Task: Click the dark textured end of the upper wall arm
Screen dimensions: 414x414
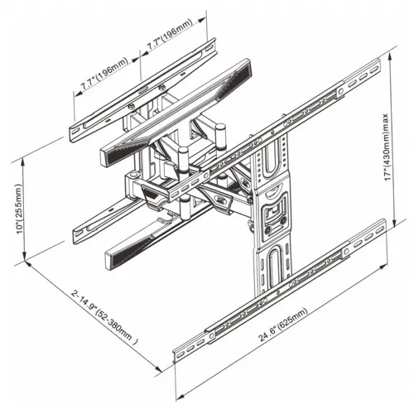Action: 234,75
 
